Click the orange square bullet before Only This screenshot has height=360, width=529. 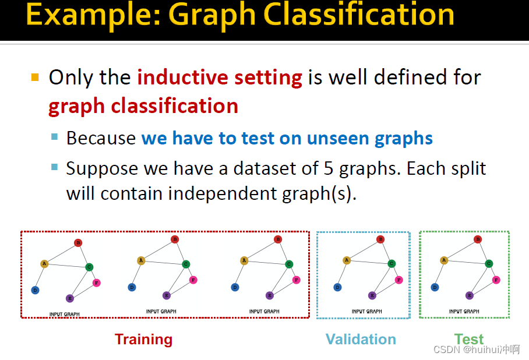[35, 77]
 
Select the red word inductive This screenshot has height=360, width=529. [183, 77]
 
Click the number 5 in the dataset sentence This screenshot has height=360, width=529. [328, 168]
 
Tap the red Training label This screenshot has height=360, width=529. [143, 340]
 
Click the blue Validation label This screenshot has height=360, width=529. [361, 339]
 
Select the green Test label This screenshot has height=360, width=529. [468, 339]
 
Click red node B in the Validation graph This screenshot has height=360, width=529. [380, 239]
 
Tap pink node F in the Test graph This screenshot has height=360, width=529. [496, 280]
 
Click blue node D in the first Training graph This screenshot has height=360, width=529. [35, 290]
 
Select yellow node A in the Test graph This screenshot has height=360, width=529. [444, 260]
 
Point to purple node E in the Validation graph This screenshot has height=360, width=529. [372, 295]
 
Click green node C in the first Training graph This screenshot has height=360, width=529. [89, 267]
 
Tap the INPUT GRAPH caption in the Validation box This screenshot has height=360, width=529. [366, 312]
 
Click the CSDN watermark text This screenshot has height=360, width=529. [477, 350]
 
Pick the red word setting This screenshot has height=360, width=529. [268, 78]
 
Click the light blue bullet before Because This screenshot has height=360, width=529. [54, 137]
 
